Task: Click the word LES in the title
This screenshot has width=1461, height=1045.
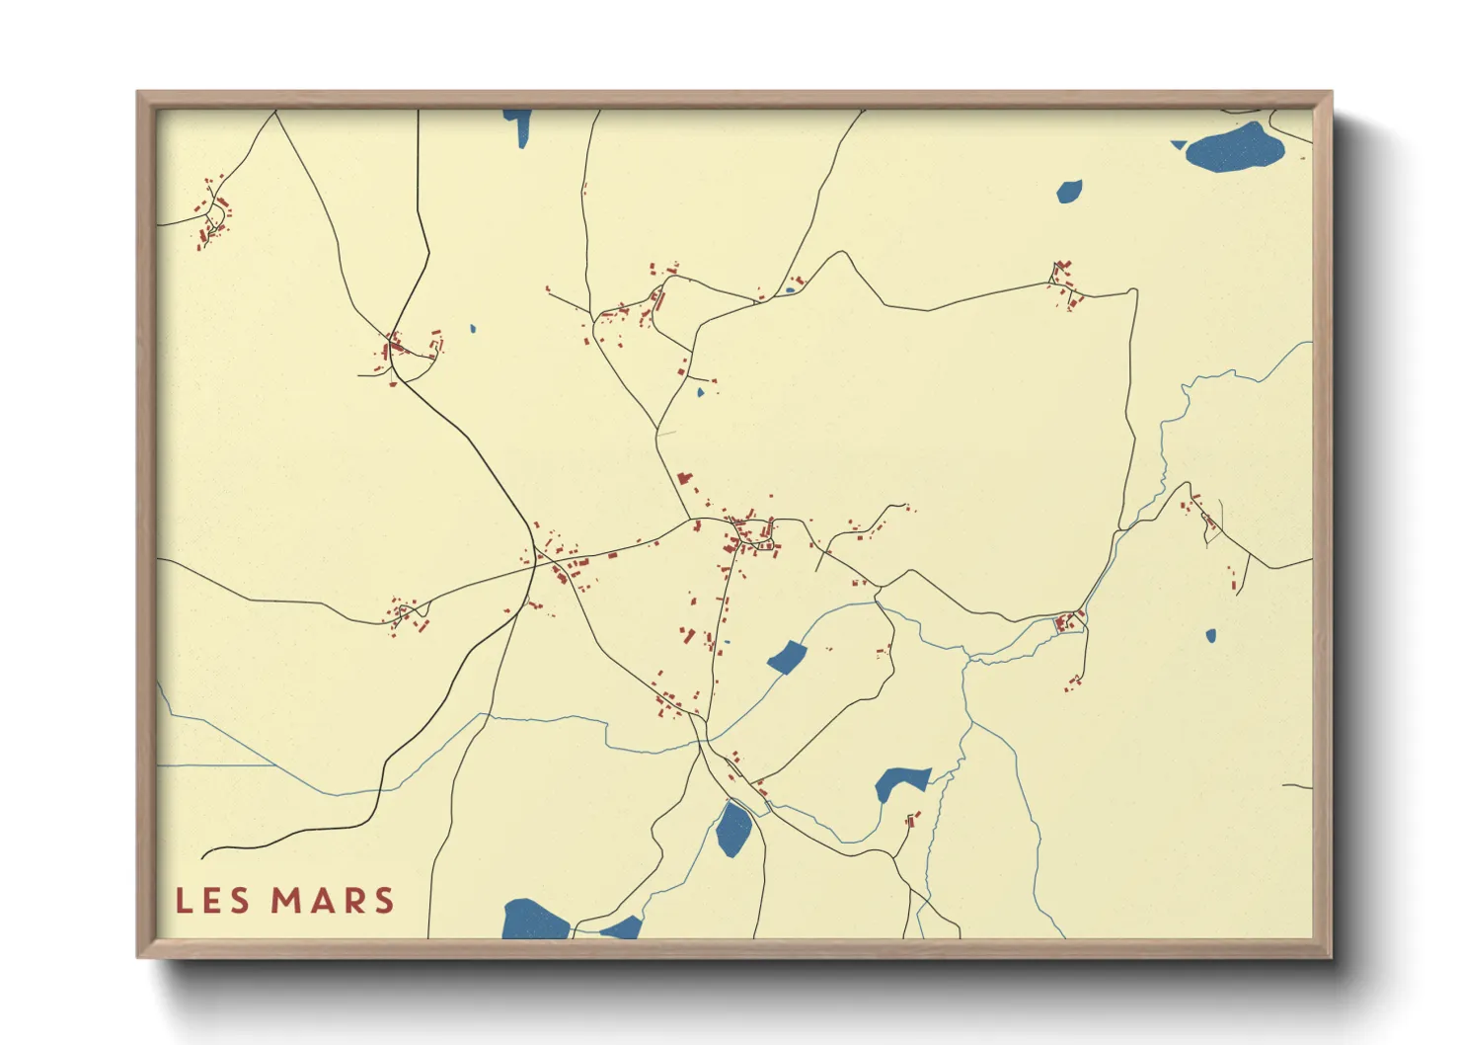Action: pyautogui.click(x=214, y=901)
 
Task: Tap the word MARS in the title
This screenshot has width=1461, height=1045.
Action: pyautogui.click(x=333, y=901)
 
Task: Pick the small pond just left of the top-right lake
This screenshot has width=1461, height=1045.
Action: pyautogui.click(x=1069, y=191)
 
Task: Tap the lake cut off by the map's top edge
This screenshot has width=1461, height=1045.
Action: pyautogui.click(x=517, y=125)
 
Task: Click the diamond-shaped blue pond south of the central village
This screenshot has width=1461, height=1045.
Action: pyautogui.click(x=787, y=657)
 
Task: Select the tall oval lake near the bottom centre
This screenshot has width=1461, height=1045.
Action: pyautogui.click(x=733, y=830)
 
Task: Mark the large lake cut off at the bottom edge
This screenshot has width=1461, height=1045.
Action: pyautogui.click(x=534, y=921)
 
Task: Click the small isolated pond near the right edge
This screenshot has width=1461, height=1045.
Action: pyautogui.click(x=1211, y=636)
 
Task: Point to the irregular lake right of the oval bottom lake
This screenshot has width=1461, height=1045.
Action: pyautogui.click(x=898, y=783)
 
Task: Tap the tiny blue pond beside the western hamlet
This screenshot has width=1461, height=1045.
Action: pyautogui.click(x=473, y=329)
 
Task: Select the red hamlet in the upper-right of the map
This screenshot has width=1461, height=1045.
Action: pyautogui.click(x=1064, y=282)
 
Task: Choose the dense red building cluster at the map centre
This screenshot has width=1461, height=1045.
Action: pyautogui.click(x=750, y=534)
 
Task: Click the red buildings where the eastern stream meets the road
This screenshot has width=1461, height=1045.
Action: pyautogui.click(x=1068, y=622)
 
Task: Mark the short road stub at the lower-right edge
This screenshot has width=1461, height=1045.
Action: pyautogui.click(x=1298, y=786)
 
